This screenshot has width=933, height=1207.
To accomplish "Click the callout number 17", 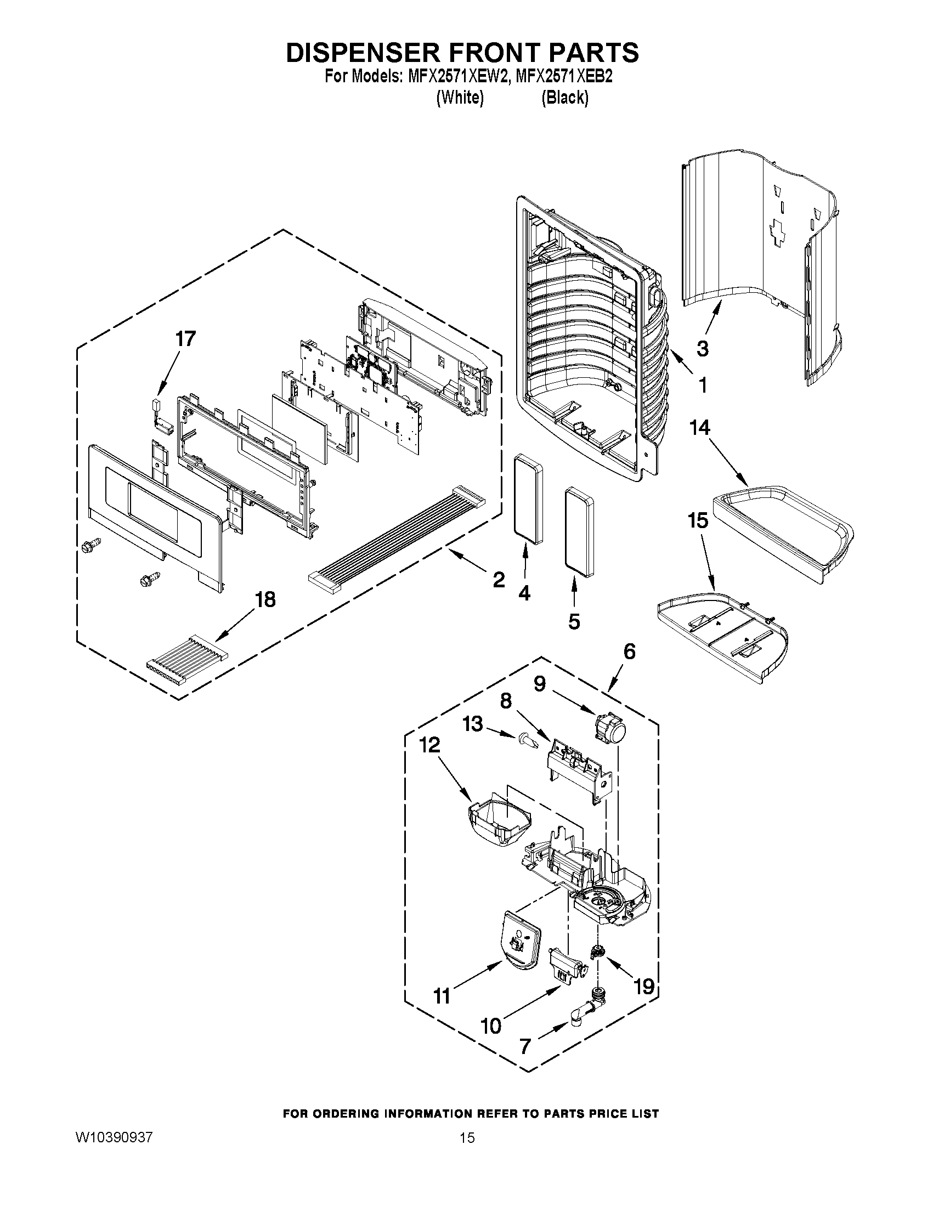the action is coord(185,338).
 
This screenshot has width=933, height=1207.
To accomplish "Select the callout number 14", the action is coord(699,427).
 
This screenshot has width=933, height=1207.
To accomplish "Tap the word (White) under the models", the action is coord(460,98).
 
